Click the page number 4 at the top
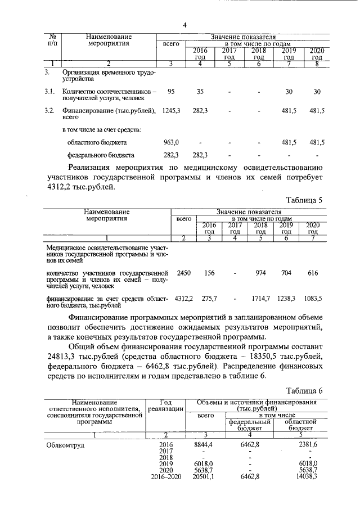click(184, 24)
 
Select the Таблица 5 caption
click(304, 200)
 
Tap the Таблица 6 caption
click(304, 391)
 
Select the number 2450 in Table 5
click(183, 273)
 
